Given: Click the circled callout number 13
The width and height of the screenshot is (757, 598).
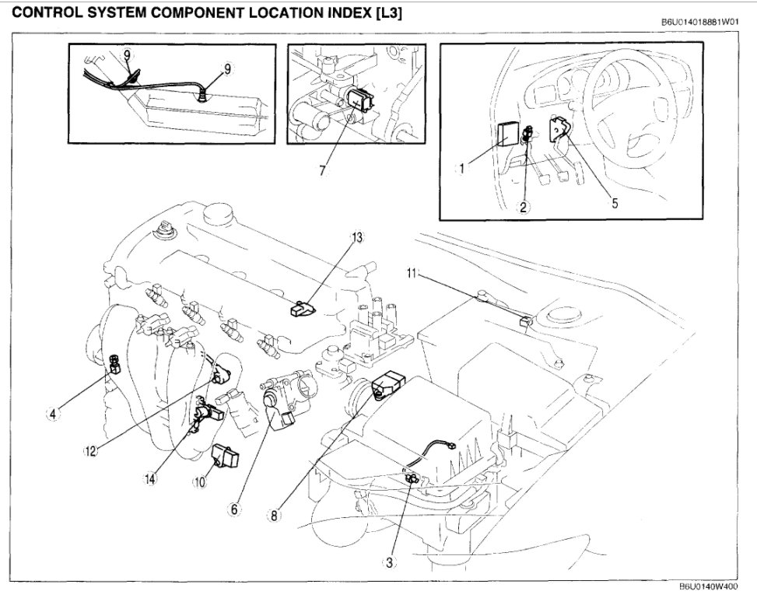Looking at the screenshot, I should (358, 237).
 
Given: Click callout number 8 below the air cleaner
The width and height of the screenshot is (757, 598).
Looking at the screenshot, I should (274, 514).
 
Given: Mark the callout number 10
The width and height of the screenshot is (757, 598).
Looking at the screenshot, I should (200, 481).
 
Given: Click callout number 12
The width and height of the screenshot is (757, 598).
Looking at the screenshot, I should (92, 450).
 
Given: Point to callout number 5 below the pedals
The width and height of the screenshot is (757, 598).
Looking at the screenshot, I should (614, 205).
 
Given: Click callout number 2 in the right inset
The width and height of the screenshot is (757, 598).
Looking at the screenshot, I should (524, 207).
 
